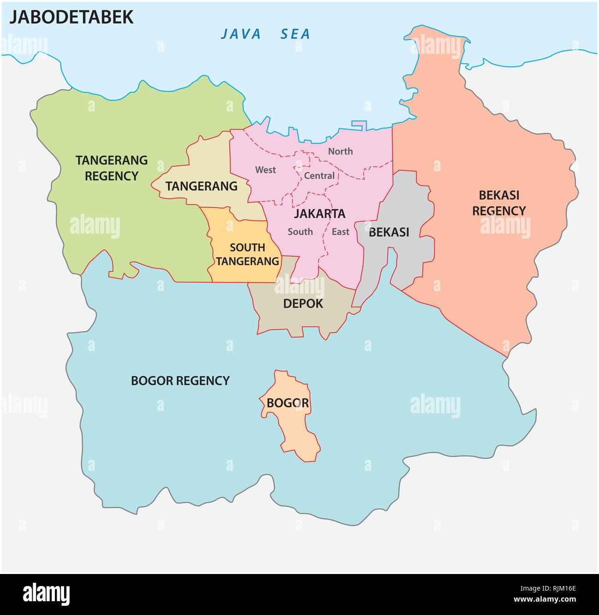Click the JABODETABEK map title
click(71, 17)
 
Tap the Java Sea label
click(265, 34)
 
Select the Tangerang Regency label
click(112, 168)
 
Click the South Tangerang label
click(247, 254)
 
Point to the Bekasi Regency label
click(499, 203)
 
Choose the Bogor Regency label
click(180, 381)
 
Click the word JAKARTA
click(320, 214)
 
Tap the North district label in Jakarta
click(340, 152)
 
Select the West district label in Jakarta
click(265, 170)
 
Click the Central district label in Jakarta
click(319, 176)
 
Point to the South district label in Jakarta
click(300, 232)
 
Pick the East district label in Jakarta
click(341, 232)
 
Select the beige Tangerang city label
click(201, 186)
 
